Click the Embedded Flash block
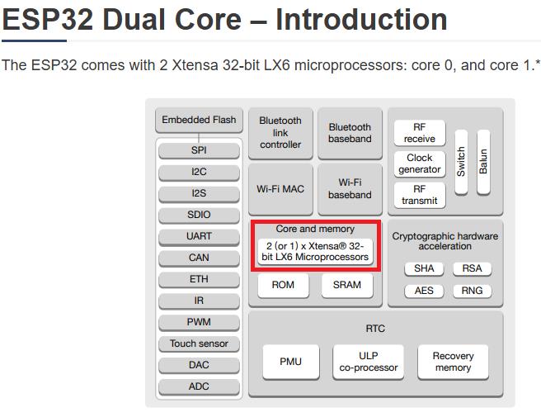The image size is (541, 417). click(x=199, y=120)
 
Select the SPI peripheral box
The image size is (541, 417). click(x=199, y=150)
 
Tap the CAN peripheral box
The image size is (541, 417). click(x=199, y=258)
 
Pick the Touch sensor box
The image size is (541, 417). click(x=199, y=344)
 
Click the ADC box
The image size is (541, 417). click(x=199, y=386)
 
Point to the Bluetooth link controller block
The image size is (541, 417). click(x=280, y=132)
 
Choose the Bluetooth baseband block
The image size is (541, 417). click(x=350, y=133)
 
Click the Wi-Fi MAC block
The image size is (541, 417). click(x=280, y=189)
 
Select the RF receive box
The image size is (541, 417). click(x=419, y=133)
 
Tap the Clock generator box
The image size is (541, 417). click(x=419, y=163)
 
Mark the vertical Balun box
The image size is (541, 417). click(x=483, y=161)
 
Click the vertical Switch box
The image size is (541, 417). click(x=461, y=161)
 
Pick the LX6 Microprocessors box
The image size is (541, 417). click(x=315, y=252)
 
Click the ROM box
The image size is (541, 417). click(x=283, y=285)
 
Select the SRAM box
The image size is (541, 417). click(x=347, y=285)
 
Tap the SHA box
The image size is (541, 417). click(x=424, y=268)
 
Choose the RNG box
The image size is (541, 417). click(x=472, y=291)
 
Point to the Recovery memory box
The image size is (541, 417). click(x=453, y=362)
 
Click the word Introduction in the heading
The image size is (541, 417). click(x=361, y=18)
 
